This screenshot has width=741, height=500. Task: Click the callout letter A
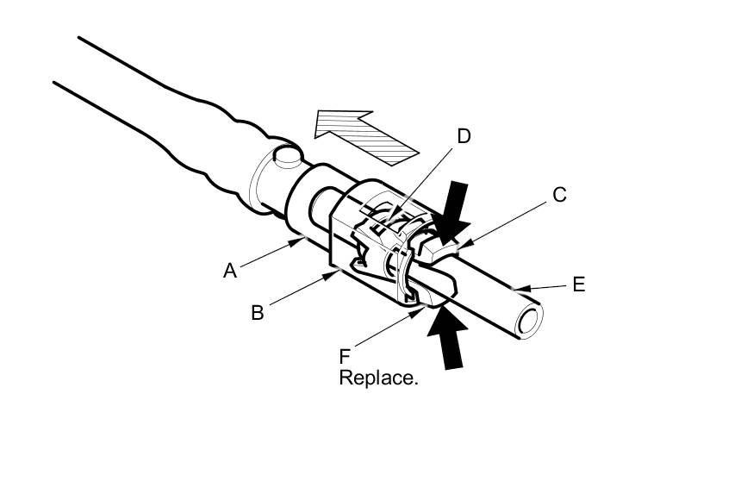coord(229,271)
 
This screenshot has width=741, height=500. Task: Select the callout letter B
coord(257,312)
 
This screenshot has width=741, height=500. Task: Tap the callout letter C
coord(559,195)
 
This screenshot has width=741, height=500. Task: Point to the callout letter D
coord(464,136)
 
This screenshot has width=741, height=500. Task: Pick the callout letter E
coord(578,284)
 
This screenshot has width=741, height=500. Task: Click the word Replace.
coord(378,378)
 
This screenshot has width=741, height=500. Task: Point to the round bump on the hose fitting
coord(285,156)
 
